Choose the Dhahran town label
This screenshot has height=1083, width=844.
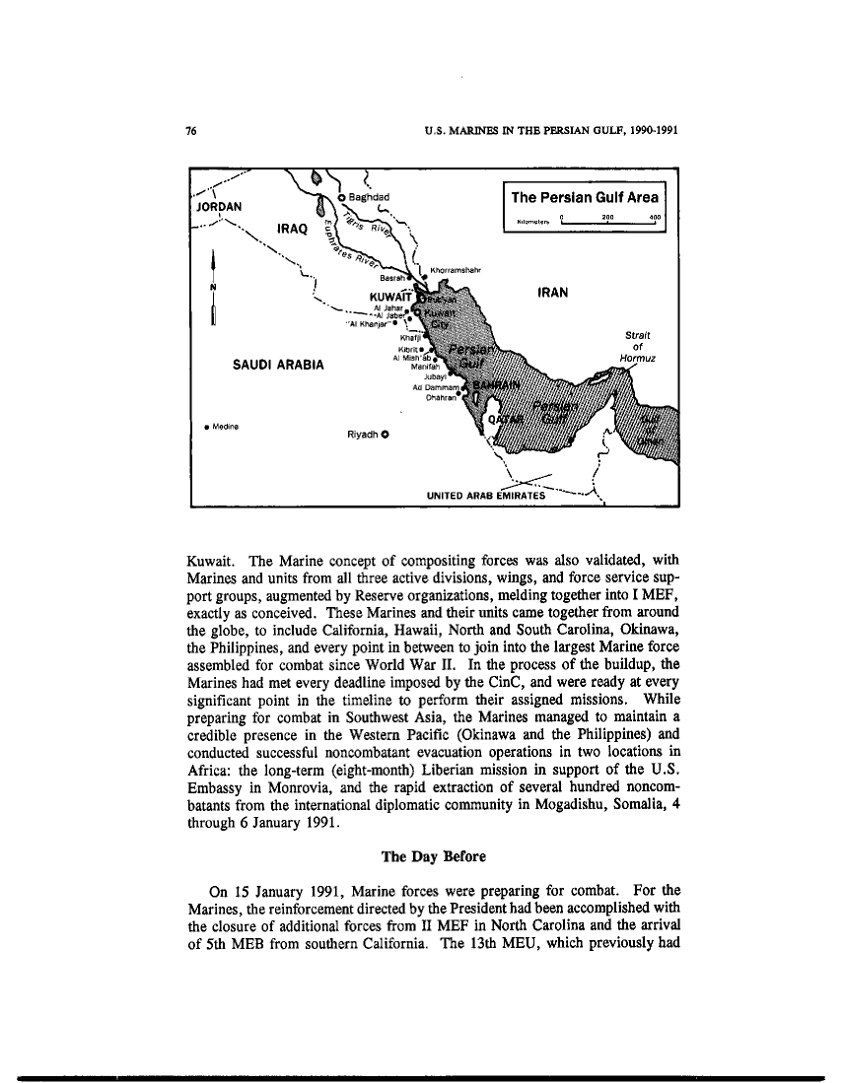(441, 398)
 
